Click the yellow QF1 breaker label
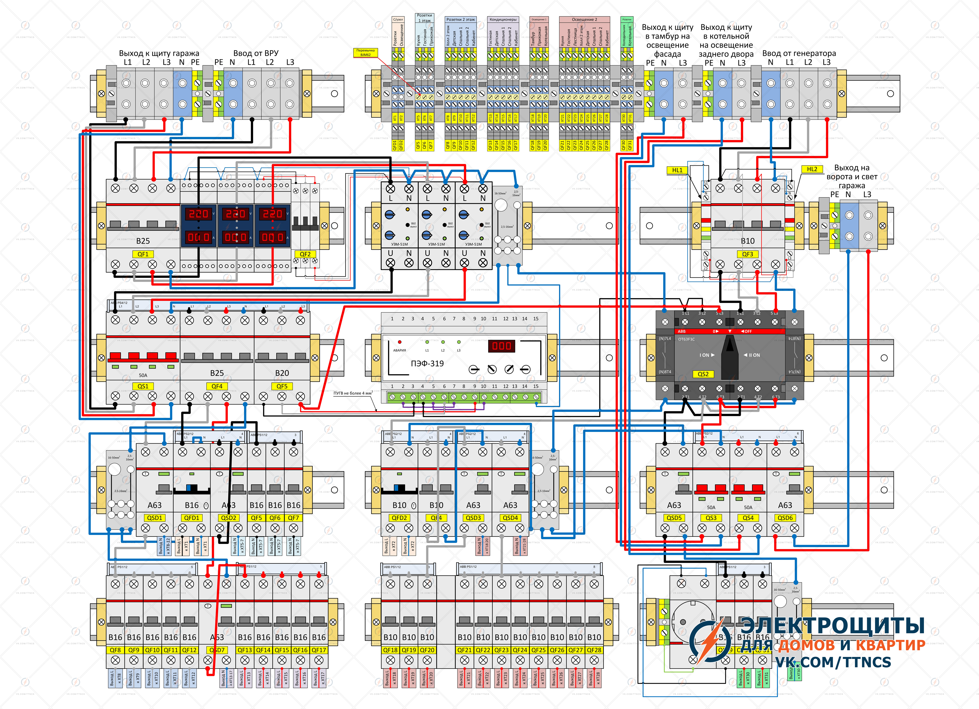point(143,254)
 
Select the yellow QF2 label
point(305,254)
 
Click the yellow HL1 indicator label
point(677,170)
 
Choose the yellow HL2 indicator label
point(812,169)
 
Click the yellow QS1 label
point(143,386)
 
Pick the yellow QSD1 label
point(154,518)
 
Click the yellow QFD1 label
point(192,518)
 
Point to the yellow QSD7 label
point(217,650)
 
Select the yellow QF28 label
point(594,650)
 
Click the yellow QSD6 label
point(785,518)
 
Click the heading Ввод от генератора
point(799,53)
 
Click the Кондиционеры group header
point(503,19)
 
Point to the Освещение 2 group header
point(584,19)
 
